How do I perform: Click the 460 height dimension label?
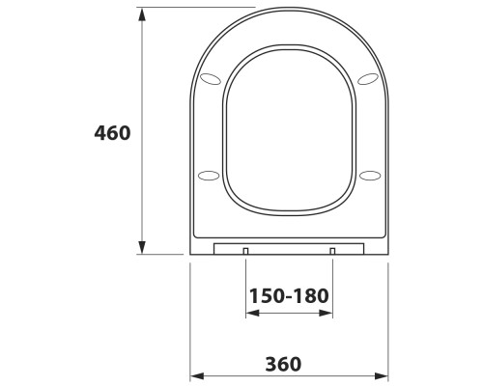(112, 133)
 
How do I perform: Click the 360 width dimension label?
(283, 364)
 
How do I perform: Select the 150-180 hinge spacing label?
(289, 296)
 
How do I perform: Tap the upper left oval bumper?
(211, 79)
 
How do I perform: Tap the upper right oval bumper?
(368, 79)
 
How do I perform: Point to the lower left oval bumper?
(209, 176)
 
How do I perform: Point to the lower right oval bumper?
(370, 176)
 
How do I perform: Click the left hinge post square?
(245, 251)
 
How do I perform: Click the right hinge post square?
(332, 251)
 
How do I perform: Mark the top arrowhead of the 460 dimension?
(142, 14)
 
